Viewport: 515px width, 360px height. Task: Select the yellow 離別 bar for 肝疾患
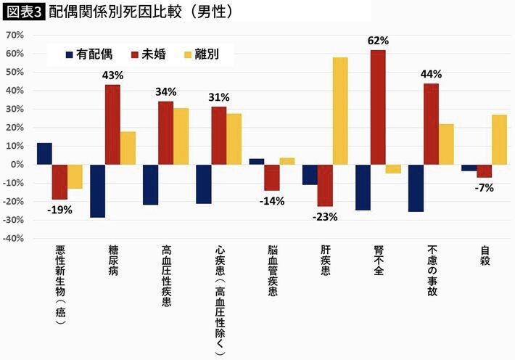[339, 111]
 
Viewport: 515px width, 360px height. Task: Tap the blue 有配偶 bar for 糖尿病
[98, 191]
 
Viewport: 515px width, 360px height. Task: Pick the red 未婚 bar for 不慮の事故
[431, 124]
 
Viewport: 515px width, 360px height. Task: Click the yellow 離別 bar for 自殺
[499, 139]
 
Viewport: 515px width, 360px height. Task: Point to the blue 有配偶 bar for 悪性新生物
[44, 154]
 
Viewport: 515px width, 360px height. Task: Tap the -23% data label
[325, 216]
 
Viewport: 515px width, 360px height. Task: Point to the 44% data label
[431, 75]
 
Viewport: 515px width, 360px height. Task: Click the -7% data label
[485, 187]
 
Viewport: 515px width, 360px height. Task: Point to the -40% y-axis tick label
[14, 238]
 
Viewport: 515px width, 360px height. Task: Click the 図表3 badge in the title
[24, 12]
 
